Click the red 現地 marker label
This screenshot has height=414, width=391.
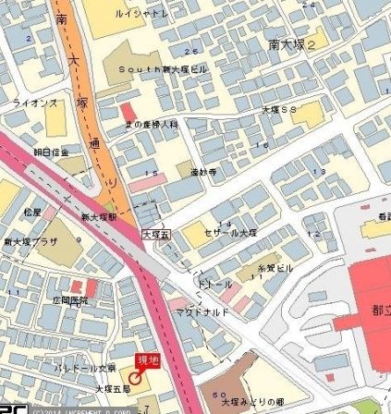147,359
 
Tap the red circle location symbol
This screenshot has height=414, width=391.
136,376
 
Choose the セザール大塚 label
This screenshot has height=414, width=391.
230,232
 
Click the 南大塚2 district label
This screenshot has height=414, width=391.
292,43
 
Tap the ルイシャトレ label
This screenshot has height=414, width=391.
141,14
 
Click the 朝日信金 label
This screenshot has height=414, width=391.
51,152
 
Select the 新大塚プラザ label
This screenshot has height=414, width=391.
31,241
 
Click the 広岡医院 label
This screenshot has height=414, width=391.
70,300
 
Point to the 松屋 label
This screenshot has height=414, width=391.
32,212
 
